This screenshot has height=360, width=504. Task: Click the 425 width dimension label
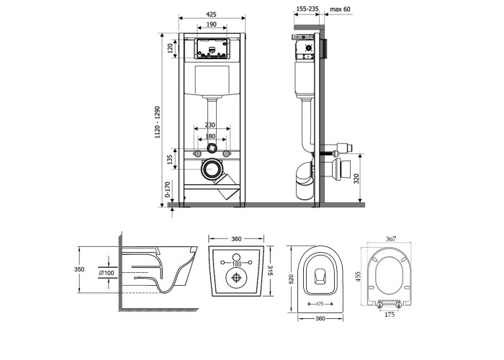211,14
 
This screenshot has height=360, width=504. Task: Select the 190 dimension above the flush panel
211,24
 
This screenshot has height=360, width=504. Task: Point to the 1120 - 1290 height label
158,122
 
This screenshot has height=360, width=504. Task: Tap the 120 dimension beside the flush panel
170,48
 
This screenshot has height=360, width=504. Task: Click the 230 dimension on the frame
210,125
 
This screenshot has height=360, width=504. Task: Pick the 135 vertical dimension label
170,160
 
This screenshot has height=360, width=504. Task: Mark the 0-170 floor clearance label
168,189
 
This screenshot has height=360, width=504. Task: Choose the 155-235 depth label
307,9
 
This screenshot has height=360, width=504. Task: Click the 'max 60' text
340,9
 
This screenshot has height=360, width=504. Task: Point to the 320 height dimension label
356,179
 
